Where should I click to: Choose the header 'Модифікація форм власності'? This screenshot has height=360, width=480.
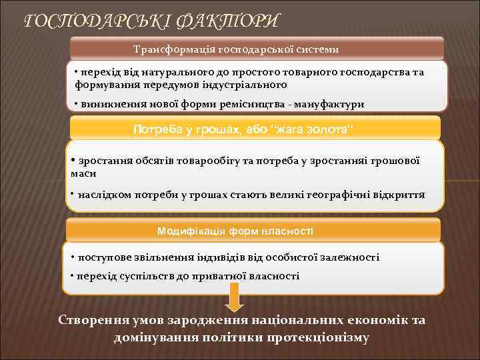coord(235,231)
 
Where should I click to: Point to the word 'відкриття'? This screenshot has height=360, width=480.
coord(399,196)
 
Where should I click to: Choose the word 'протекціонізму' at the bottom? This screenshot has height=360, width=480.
coord(317,337)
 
